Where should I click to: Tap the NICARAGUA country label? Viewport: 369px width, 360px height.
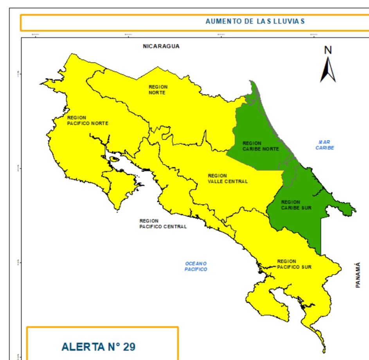pos(161,46)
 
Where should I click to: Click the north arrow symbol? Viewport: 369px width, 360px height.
pos(328,70)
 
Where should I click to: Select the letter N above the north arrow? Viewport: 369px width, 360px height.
pos(328,50)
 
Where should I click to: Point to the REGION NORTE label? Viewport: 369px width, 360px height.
pos(158,90)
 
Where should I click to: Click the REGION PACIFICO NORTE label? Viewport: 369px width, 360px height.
pos(88,121)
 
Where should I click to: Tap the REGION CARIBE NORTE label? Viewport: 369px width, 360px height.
pos(261,146)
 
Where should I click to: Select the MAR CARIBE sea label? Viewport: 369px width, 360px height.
pos(324,145)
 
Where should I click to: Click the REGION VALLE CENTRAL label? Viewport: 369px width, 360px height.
pos(227,179)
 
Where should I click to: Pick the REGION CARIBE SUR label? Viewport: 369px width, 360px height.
pos(296,205)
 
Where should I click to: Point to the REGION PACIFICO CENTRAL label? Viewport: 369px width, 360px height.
pos(163,223)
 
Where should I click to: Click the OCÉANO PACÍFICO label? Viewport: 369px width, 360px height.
pos(196,266)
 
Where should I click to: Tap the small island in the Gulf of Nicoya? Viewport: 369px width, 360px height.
pos(114,159)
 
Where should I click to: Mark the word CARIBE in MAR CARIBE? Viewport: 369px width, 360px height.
pos(324,148)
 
